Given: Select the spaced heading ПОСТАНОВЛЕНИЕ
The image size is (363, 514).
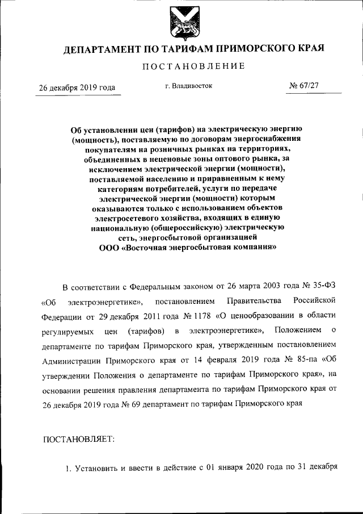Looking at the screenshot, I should coord(193,67).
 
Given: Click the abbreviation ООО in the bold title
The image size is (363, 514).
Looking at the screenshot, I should coord(109,248).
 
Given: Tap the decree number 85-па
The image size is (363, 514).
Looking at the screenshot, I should coord(303,360).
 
